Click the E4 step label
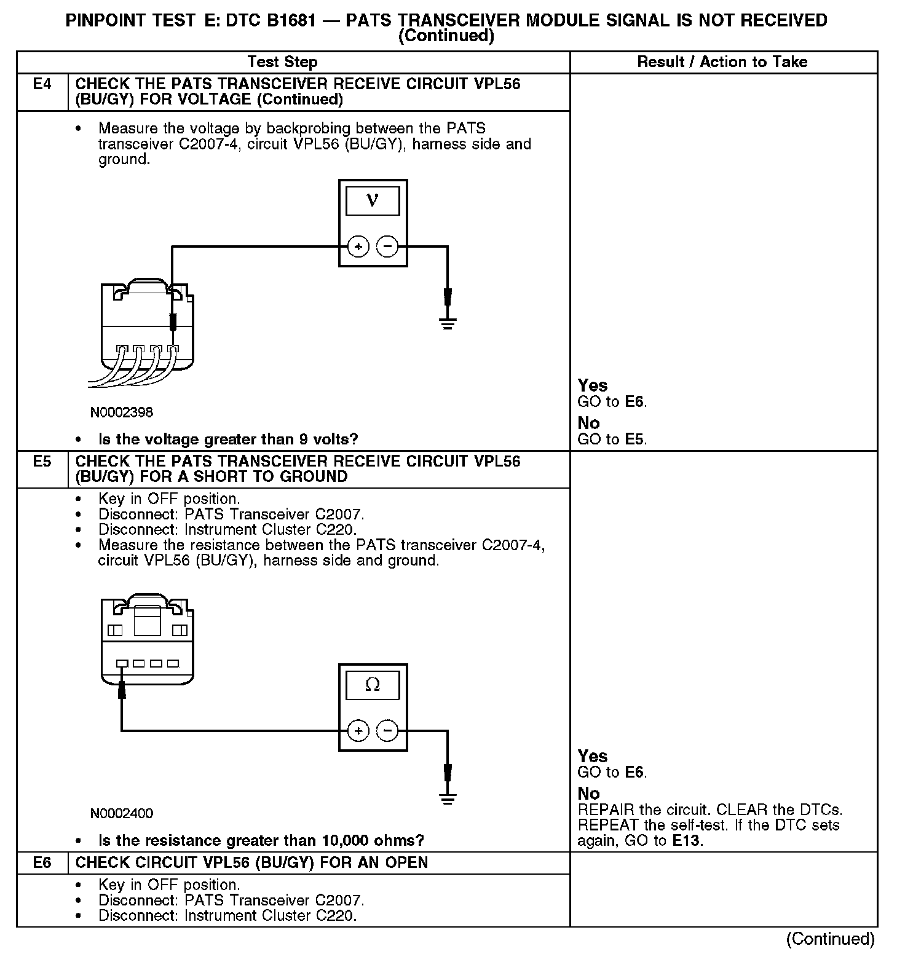tap(42, 84)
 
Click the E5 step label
tap(42, 461)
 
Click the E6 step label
tap(42, 862)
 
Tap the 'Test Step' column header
tap(282, 62)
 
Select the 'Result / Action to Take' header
tap(722, 62)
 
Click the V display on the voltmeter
tap(373, 201)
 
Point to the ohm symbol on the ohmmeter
tap(373, 685)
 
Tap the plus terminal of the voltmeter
tap(358, 247)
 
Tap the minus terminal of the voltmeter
tap(387, 247)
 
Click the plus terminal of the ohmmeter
tap(358, 731)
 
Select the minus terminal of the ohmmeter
tap(387, 731)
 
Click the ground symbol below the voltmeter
tap(448, 324)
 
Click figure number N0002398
tap(122, 412)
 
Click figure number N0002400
tap(122, 813)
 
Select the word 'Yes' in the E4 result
tap(593, 385)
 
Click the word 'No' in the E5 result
tap(588, 794)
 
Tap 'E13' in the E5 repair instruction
tap(686, 841)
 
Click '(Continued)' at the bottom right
tap(830, 939)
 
